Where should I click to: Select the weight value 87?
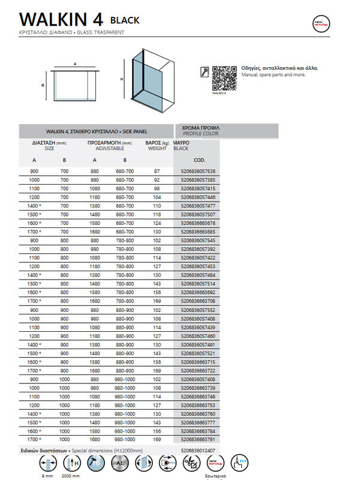157,172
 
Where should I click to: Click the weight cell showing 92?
157,180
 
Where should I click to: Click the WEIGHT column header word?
157,148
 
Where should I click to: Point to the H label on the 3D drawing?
121,79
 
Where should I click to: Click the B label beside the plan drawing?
43,85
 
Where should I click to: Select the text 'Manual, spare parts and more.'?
273,75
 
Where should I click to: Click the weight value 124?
157,223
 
